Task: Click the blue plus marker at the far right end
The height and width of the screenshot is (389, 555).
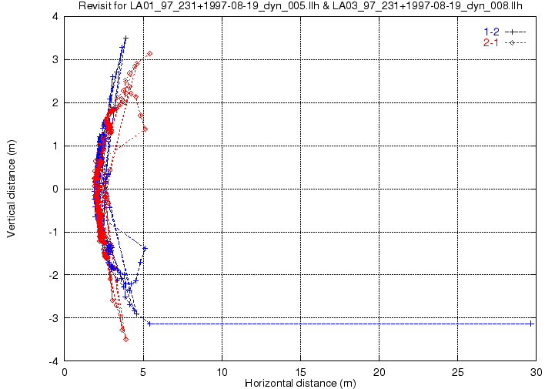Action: (x=531, y=324)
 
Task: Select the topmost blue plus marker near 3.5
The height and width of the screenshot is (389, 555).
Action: (x=125, y=38)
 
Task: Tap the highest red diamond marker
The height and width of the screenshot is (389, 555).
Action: (x=150, y=53)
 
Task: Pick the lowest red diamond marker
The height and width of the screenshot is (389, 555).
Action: (x=125, y=340)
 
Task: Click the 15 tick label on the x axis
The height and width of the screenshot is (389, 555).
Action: (x=300, y=372)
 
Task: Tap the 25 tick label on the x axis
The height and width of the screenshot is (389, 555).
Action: (x=458, y=372)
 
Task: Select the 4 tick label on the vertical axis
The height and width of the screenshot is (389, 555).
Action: (x=55, y=17)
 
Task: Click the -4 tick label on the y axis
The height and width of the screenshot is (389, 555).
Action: (x=54, y=361)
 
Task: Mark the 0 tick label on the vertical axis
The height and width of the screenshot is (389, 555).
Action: (x=55, y=189)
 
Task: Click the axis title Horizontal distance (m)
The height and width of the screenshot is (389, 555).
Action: (x=300, y=384)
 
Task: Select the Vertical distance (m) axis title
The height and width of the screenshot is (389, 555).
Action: (x=12, y=189)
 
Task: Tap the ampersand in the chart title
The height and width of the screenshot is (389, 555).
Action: (x=326, y=5)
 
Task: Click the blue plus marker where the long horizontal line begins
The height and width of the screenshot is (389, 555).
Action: (x=149, y=324)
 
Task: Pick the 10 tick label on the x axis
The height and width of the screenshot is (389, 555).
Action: (x=222, y=372)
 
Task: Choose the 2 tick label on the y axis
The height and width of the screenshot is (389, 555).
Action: (x=55, y=102)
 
